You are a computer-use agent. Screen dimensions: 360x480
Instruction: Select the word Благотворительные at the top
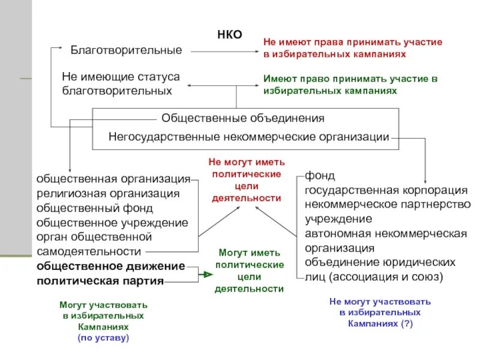[126, 50]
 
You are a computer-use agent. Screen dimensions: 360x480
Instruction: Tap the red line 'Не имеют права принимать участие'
[353, 43]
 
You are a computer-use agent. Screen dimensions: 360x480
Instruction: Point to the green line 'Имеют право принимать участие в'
[350, 79]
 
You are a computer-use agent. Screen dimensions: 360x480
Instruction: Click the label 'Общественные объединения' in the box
[242, 118]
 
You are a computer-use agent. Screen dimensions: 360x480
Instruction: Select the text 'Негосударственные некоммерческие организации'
[249, 137]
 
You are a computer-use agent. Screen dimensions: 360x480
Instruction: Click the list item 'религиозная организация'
[108, 193]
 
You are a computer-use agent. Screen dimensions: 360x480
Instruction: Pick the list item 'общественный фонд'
[95, 208]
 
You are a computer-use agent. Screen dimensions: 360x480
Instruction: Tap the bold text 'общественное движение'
[111, 266]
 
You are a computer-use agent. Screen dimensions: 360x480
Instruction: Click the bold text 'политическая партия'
[100, 280]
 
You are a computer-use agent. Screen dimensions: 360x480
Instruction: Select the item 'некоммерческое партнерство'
[388, 205]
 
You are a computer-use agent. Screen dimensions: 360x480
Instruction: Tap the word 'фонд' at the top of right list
[320, 176]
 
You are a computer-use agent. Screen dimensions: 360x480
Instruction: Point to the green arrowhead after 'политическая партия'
[207, 274]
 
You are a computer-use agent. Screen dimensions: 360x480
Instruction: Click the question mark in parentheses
[408, 323]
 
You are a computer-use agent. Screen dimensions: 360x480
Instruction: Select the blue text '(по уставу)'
[103, 338]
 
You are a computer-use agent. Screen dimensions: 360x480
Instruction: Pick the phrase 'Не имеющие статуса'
[121, 77]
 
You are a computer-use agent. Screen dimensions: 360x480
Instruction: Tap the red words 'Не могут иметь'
[247, 162]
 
